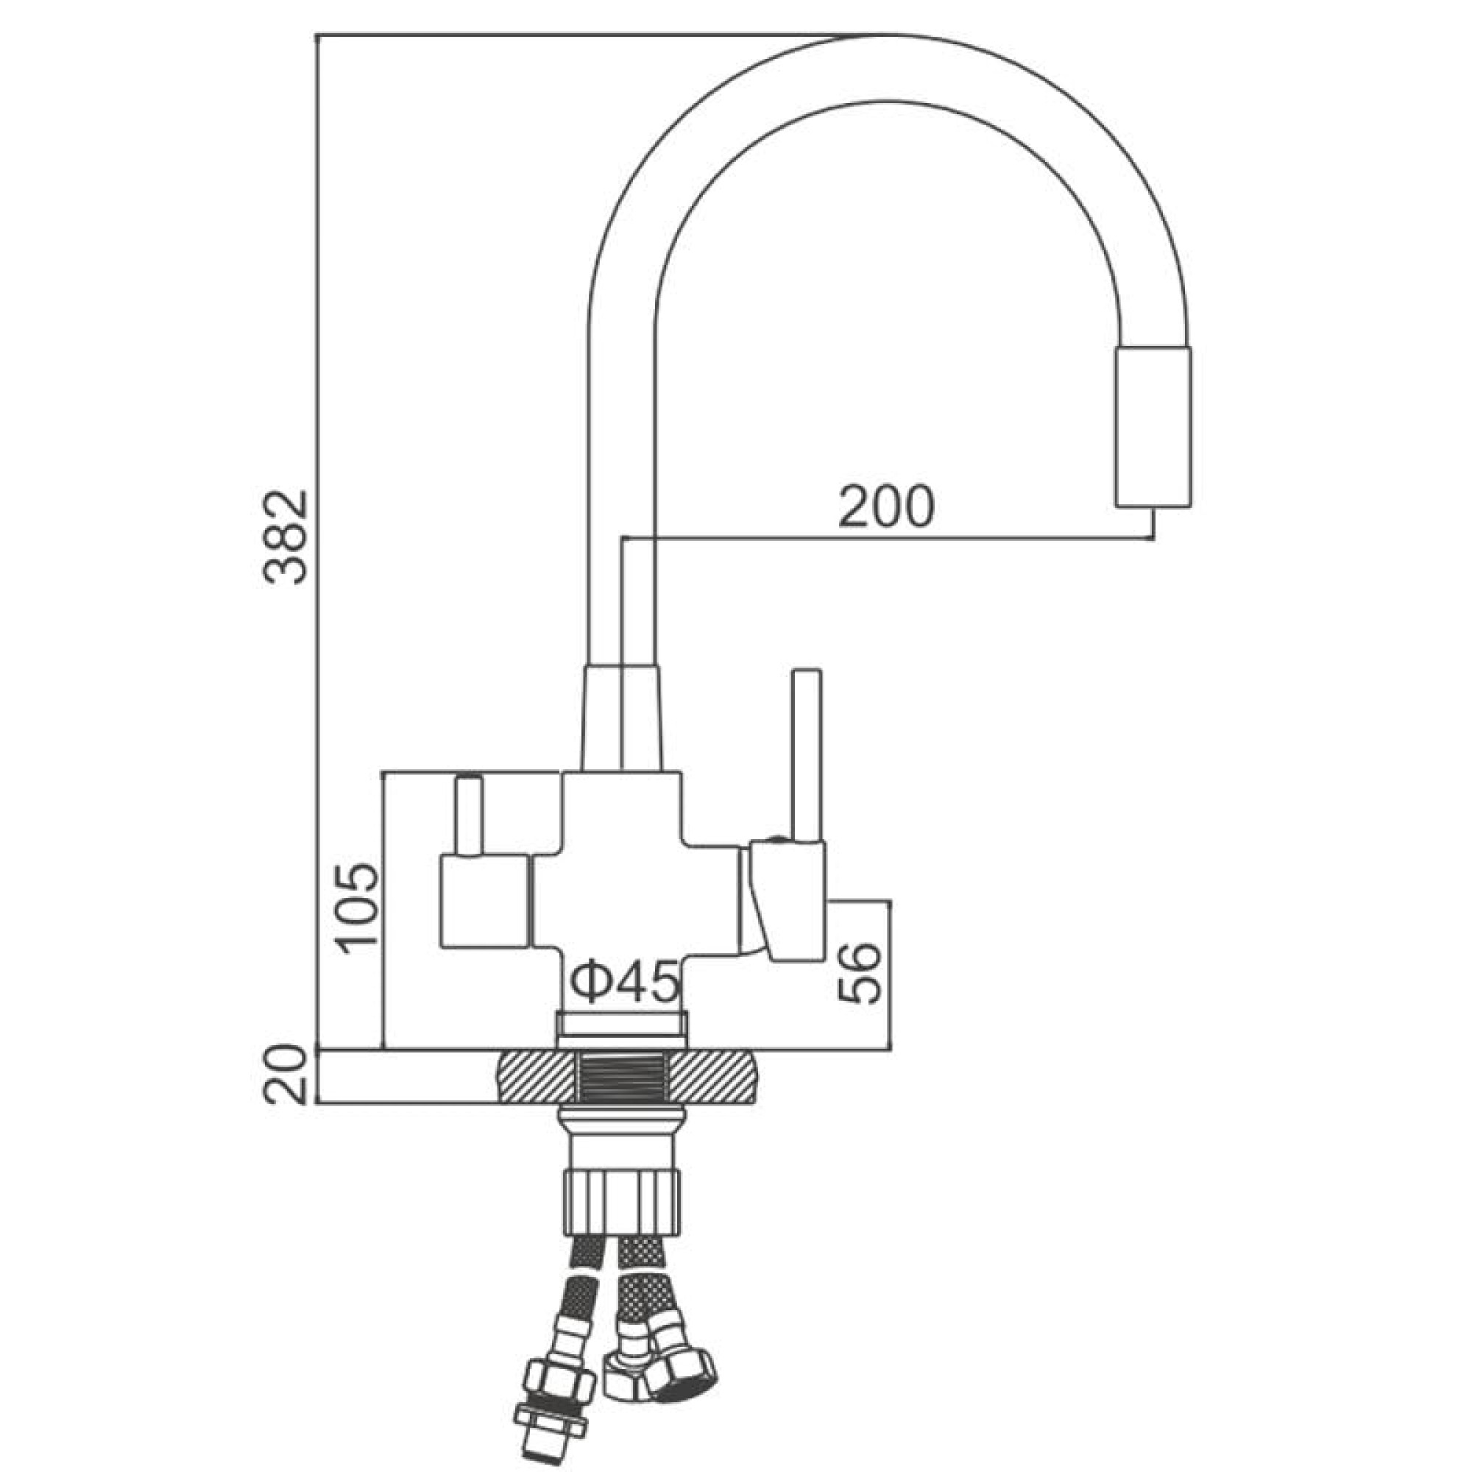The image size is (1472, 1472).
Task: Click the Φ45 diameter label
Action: (x=623, y=983)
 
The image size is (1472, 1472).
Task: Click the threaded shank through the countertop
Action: (x=622, y=1076)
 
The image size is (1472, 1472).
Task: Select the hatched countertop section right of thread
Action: (x=713, y=1076)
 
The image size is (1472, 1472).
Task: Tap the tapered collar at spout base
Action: (x=622, y=718)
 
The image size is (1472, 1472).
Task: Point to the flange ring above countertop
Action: (x=622, y=1029)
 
